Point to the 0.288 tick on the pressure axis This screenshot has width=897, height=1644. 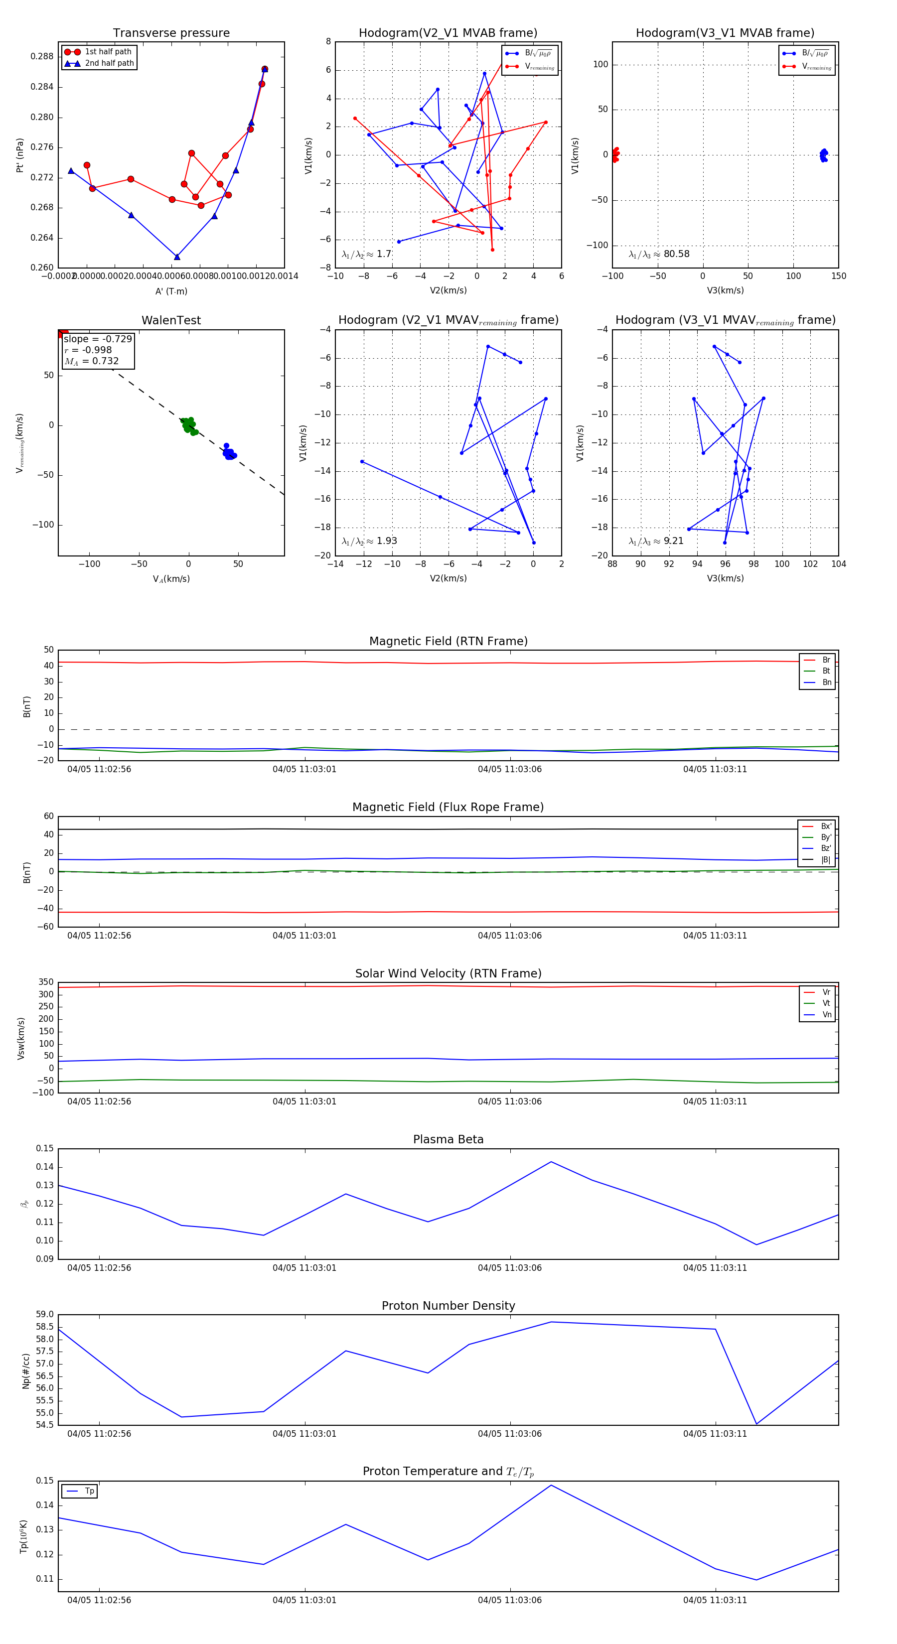tap(42, 56)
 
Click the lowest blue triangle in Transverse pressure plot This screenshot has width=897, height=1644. tap(177, 257)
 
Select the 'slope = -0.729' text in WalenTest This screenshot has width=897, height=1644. tap(98, 339)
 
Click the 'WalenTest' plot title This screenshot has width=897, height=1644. tap(171, 320)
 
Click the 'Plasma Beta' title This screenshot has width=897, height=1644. tap(448, 1139)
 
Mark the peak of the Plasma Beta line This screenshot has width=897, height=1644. tap(551, 1162)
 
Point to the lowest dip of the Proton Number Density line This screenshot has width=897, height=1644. tap(756, 1424)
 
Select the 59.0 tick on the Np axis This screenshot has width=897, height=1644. tap(45, 1315)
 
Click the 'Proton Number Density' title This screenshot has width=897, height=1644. tap(448, 1306)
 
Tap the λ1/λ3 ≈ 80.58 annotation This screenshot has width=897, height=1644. tap(659, 254)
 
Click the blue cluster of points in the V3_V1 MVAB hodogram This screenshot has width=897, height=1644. tap(824, 155)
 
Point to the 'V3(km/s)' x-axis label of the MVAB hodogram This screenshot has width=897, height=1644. tap(725, 290)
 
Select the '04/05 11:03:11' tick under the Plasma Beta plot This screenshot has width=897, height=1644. tap(715, 1267)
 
